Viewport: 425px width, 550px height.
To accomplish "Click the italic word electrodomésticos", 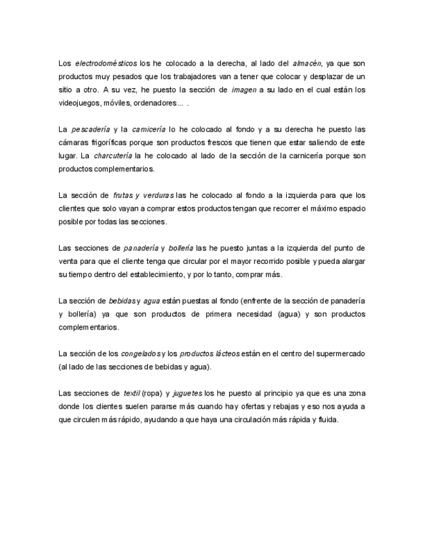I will (106, 64).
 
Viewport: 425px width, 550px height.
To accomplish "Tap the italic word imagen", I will (244, 90).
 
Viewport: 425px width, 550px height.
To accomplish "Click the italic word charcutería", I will (112, 156).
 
